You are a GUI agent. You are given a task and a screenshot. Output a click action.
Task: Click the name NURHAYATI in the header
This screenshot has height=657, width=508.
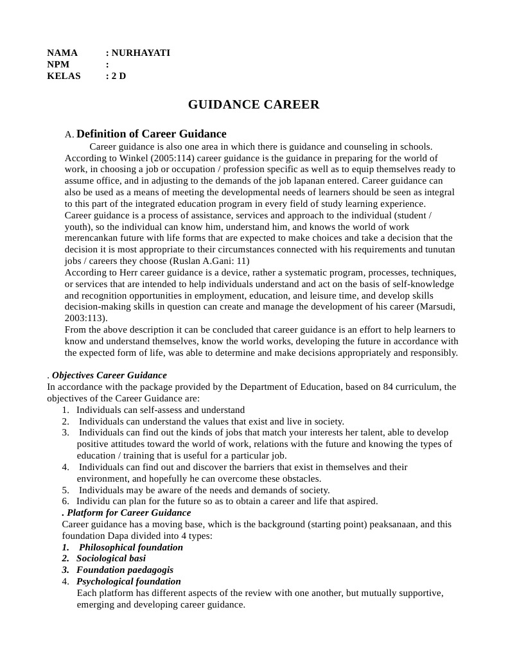(141, 53)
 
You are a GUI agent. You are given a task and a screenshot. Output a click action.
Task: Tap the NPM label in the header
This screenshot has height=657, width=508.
(58, 64)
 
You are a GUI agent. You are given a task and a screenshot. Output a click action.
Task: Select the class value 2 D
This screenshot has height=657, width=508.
(119, 76)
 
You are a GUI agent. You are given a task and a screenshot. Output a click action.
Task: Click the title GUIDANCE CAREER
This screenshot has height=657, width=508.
(254, 105)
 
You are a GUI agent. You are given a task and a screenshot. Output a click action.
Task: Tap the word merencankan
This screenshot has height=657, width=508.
(92, 238)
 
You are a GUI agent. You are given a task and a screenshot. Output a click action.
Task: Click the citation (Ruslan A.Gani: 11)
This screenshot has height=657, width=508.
(209, 261)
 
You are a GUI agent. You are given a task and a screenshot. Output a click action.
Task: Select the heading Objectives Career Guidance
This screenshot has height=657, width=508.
(109, 375)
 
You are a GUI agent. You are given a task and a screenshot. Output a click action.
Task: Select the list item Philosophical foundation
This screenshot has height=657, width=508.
(130, 547)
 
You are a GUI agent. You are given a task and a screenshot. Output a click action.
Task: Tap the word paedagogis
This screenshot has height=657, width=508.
(150, 570)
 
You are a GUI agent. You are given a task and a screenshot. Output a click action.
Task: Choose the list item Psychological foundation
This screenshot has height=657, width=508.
(128, 581)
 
